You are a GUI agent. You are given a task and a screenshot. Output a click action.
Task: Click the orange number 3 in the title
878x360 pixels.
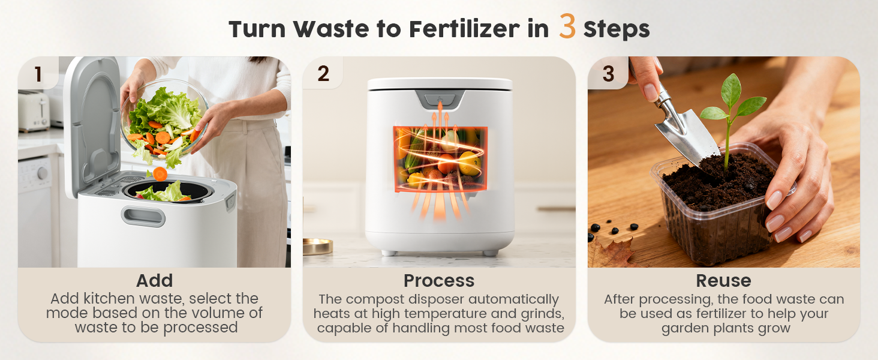click(567, 27)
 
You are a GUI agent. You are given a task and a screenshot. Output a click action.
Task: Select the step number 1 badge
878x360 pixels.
click(38, 74)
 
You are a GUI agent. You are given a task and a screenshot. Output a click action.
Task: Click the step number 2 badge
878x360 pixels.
click(323, 74)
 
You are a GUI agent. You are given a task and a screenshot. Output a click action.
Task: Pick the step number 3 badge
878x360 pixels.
click(608, 74)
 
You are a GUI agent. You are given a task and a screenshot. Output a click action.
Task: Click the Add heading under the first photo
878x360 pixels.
click(154, 281)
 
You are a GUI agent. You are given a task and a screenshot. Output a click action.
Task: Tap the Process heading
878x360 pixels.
click(438, 281)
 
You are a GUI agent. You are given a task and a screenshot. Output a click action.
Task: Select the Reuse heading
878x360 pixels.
click(723, 281)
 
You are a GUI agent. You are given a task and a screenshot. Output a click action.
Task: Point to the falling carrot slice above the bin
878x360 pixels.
click(160, 174)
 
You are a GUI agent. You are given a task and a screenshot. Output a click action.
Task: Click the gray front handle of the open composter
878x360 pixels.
click(143, 216)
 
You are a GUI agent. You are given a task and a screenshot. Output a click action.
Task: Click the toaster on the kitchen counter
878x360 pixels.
click(34, 111)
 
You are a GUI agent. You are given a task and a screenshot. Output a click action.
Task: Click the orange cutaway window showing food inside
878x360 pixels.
click(440, 159)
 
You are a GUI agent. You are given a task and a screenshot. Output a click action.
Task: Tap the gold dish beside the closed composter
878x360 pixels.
click(317, 246)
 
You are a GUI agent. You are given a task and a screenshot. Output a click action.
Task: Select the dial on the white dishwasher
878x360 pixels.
click(43, 173)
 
